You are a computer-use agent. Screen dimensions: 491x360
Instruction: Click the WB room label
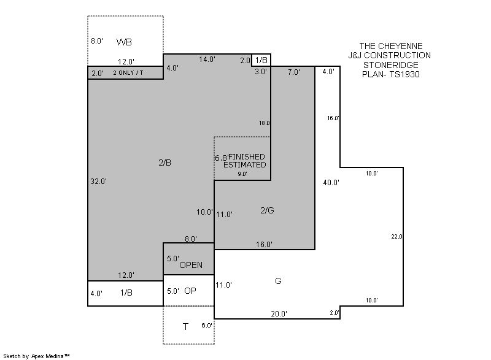click(124, 42)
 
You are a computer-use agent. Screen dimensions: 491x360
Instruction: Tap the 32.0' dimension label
click(99, 181)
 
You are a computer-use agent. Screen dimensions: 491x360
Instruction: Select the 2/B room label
click(164, 163)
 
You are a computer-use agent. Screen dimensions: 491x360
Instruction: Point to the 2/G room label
click(267, 210)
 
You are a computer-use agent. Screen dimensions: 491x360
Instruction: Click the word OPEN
click(191, 265)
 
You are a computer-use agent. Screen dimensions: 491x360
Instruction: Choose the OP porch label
click(190, 291)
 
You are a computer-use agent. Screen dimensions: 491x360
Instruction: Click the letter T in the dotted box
click(185, 327)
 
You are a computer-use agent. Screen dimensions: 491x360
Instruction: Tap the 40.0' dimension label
click(331, 182)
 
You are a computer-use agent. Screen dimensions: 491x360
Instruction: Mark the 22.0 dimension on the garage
click(396, 237)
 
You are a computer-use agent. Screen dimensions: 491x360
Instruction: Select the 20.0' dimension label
click(279, 313)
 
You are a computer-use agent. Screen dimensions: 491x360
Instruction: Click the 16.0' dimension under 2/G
click(264, 244)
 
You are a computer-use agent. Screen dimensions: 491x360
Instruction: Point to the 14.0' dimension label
click(207, 59)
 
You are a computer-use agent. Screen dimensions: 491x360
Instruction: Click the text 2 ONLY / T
click(128, 72)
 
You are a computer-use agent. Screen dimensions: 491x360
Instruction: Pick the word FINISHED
click(247, 157)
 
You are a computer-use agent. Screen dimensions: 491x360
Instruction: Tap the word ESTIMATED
click(244, 164)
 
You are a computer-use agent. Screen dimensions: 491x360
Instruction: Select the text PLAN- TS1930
click(391, 74)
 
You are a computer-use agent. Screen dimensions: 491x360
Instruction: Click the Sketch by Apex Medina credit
click(36, 356)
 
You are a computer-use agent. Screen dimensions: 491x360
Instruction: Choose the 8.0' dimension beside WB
click(97, 40)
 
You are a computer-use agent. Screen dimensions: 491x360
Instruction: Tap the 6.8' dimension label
click(222, 158)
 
